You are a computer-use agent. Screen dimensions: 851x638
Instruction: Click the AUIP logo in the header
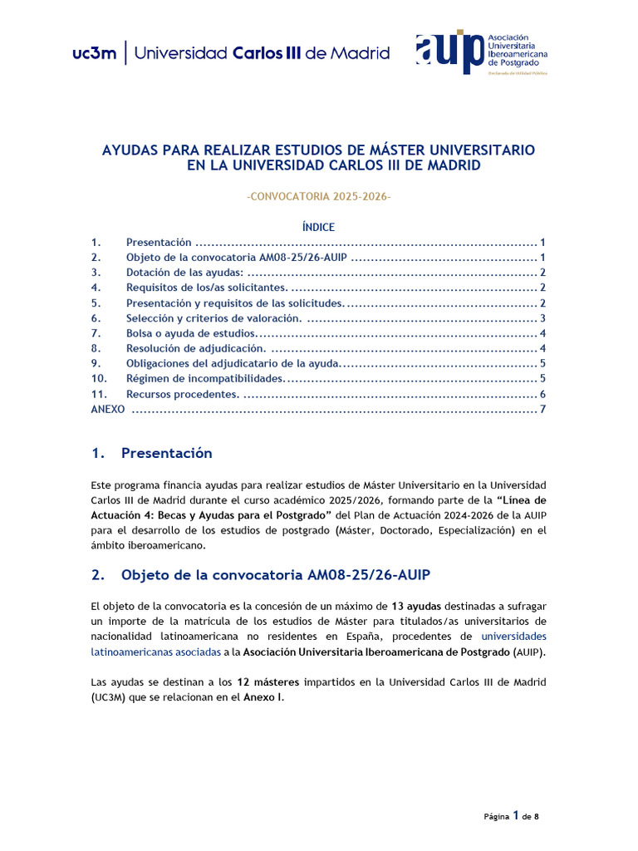point(481,53)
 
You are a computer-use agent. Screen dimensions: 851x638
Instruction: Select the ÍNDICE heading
point(319,227)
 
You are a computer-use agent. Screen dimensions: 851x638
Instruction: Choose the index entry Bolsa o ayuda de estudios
point(190,333)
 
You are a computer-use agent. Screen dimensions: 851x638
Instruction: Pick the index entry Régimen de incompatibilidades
point(204,379)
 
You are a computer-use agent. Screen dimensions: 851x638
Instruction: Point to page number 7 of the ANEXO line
point(542,410)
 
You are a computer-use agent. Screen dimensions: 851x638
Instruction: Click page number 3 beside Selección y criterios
point(542,318)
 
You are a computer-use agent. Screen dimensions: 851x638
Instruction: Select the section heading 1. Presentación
point(152,453)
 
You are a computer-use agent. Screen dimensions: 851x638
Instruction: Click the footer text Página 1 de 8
point(511,816)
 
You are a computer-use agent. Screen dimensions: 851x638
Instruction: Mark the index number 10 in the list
point(98,379)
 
